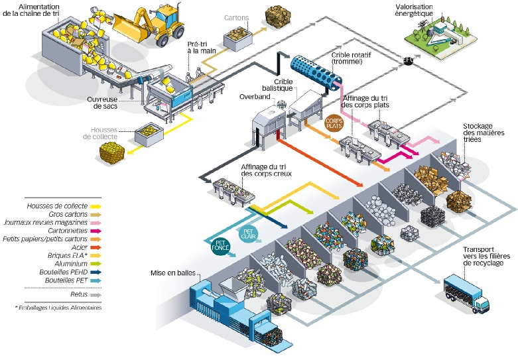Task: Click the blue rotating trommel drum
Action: [315, 71]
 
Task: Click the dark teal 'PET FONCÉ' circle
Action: [220, 246]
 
